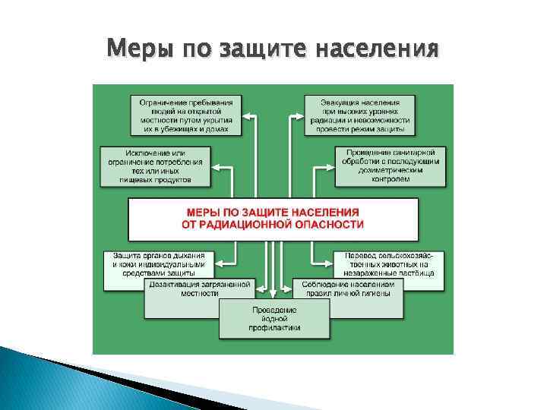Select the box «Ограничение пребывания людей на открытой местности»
pos(185,115)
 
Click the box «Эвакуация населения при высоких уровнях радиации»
pos(359,115)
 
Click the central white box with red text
pos(273,219)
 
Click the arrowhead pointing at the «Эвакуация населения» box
pos(294,115)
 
